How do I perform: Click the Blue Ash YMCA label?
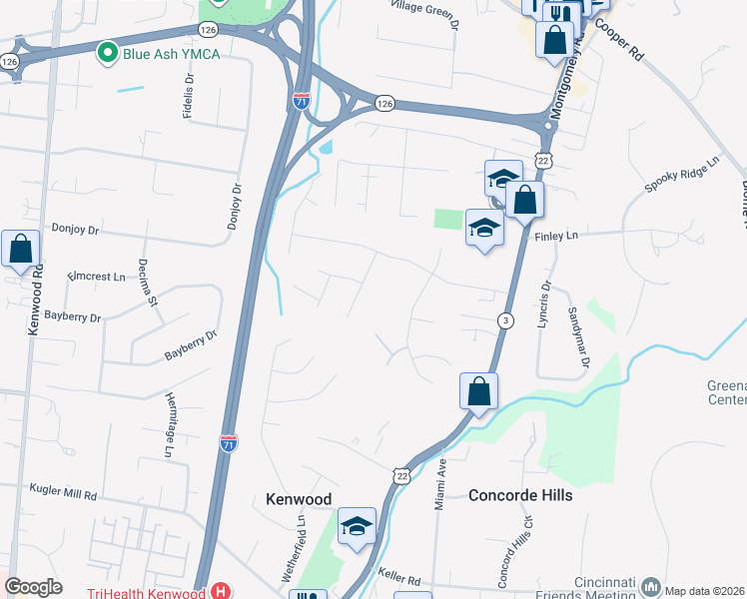pos(171,53)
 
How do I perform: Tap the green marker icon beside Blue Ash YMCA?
pos(106,52)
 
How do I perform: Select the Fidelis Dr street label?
pos(188,96)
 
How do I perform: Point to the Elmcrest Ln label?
pos(98,277)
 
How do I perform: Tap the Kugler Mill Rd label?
pos(62,495)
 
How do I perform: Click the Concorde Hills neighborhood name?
pos(520,495)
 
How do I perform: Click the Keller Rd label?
pos(399,576)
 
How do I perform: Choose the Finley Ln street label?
pos(557,237)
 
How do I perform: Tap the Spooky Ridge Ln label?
pos(682,176)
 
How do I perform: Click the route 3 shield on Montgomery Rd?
pos(506,319)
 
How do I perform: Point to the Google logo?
pos(33,587)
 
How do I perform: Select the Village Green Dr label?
pos(425,13)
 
